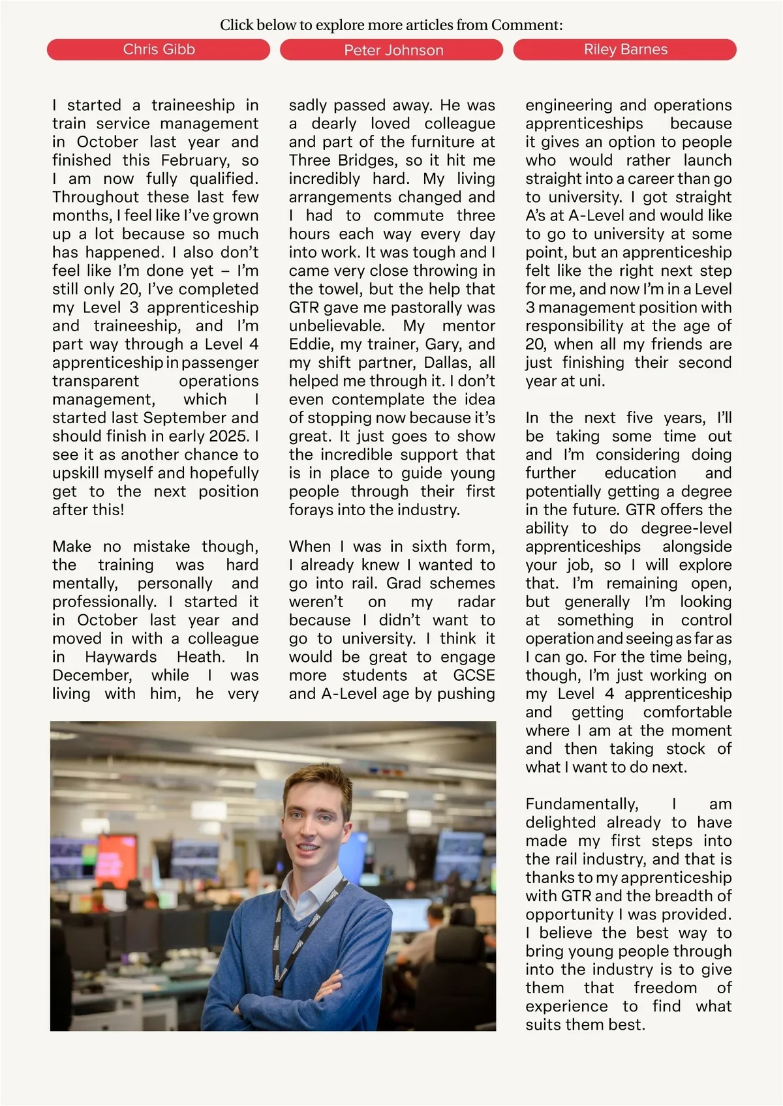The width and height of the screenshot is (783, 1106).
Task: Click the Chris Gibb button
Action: click(x=159, y=50)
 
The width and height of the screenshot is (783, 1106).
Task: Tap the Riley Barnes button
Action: click(x=625, y=50)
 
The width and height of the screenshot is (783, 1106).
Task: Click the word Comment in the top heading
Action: click(x=525, y=25)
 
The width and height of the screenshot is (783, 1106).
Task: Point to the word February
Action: click(x=195, y=160)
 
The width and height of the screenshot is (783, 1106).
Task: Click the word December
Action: click(x=92, y=675)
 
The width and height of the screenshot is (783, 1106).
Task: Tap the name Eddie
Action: click(x=309, y=344)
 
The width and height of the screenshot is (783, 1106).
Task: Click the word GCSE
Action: click(x=474, y=675)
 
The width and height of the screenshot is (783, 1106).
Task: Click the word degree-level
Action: click(x=686, y=528)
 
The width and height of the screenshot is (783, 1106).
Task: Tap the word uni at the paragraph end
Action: click(x=591, y=381)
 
